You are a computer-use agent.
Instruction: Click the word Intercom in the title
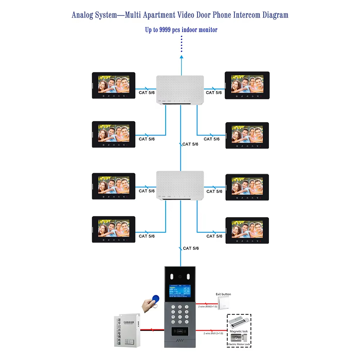click(x=238, y=15)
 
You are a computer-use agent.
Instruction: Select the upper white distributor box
click(x=180, y=90)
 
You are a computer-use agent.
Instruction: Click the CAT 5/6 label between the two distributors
click(x=190, y=144)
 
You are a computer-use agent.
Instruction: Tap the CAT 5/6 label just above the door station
click(x=191, y=248)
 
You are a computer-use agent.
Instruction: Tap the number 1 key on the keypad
click(x=173, y=307)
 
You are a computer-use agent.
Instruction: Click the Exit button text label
click(x=223, y=294)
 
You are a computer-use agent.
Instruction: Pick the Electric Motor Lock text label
click(x=239, y=345)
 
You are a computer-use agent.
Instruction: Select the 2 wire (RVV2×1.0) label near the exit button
click(x=208, y=306)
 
